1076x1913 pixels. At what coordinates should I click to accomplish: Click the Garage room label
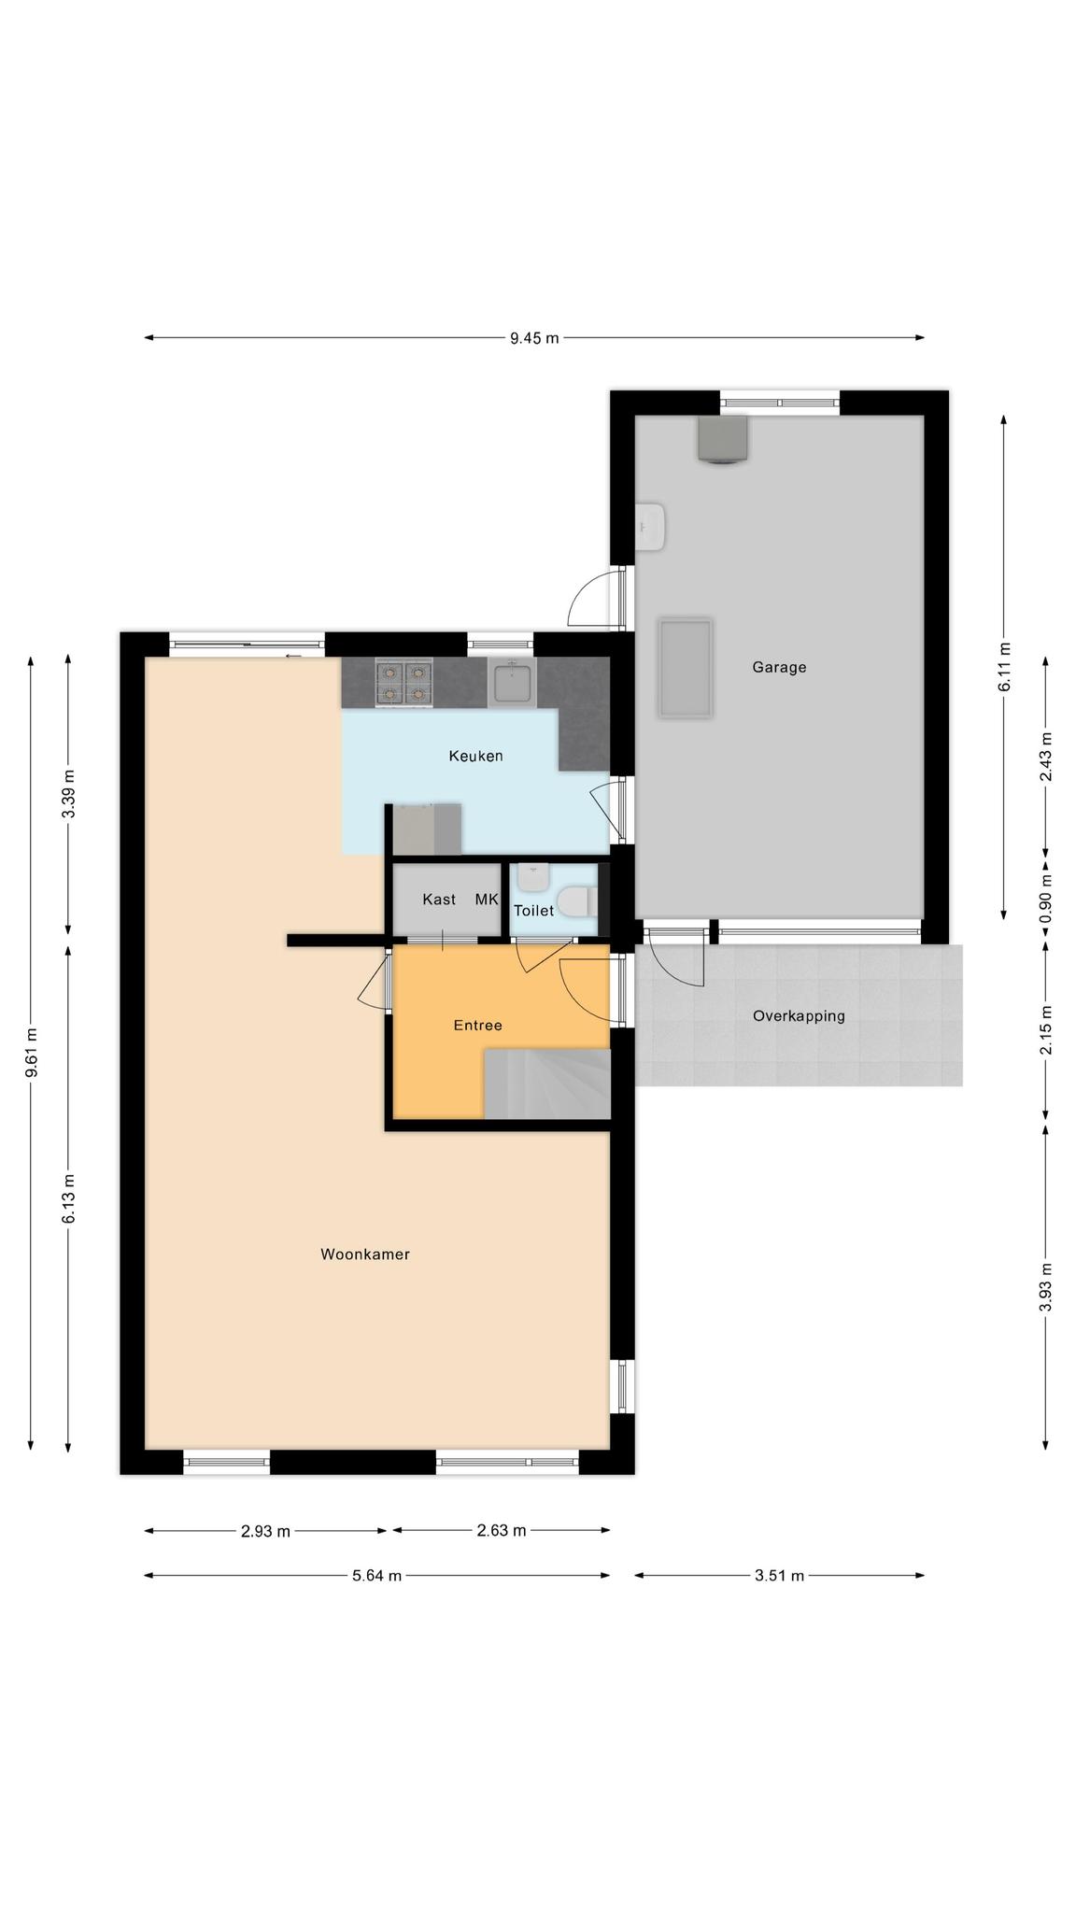[x=779, y=667]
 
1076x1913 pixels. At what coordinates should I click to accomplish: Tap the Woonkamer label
[x=365, y=1254]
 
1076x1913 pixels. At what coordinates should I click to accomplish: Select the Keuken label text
[x=475, y=756]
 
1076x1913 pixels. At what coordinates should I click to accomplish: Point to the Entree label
[x=477, y=1025]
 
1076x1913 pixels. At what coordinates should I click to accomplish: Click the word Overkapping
[x=799, y=1016]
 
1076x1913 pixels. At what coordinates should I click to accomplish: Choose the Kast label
[x=439, y=900]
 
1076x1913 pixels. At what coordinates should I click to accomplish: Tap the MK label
[x=487, y=900]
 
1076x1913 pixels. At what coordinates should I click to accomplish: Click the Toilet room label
[x=533, y=910]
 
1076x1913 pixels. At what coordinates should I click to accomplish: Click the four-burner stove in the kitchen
[x=404, y=682]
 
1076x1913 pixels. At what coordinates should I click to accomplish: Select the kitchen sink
[x=513, y=681]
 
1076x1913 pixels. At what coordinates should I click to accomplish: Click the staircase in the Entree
[x=546, y=1083]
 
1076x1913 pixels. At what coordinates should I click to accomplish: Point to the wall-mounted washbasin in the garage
[x=650, y=527]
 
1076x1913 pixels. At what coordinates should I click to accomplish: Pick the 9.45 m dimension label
[x=534, y=338]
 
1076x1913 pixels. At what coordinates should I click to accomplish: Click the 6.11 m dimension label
[x=1004, y=667]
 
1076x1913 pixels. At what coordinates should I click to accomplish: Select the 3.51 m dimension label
[x=779, y=1576]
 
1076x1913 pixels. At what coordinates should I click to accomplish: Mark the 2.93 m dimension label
[x=265, y=1531]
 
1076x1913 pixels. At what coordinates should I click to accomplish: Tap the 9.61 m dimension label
[x=31, y=1052]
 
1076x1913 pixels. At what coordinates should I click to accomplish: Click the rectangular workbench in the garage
[x=686, y=667]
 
